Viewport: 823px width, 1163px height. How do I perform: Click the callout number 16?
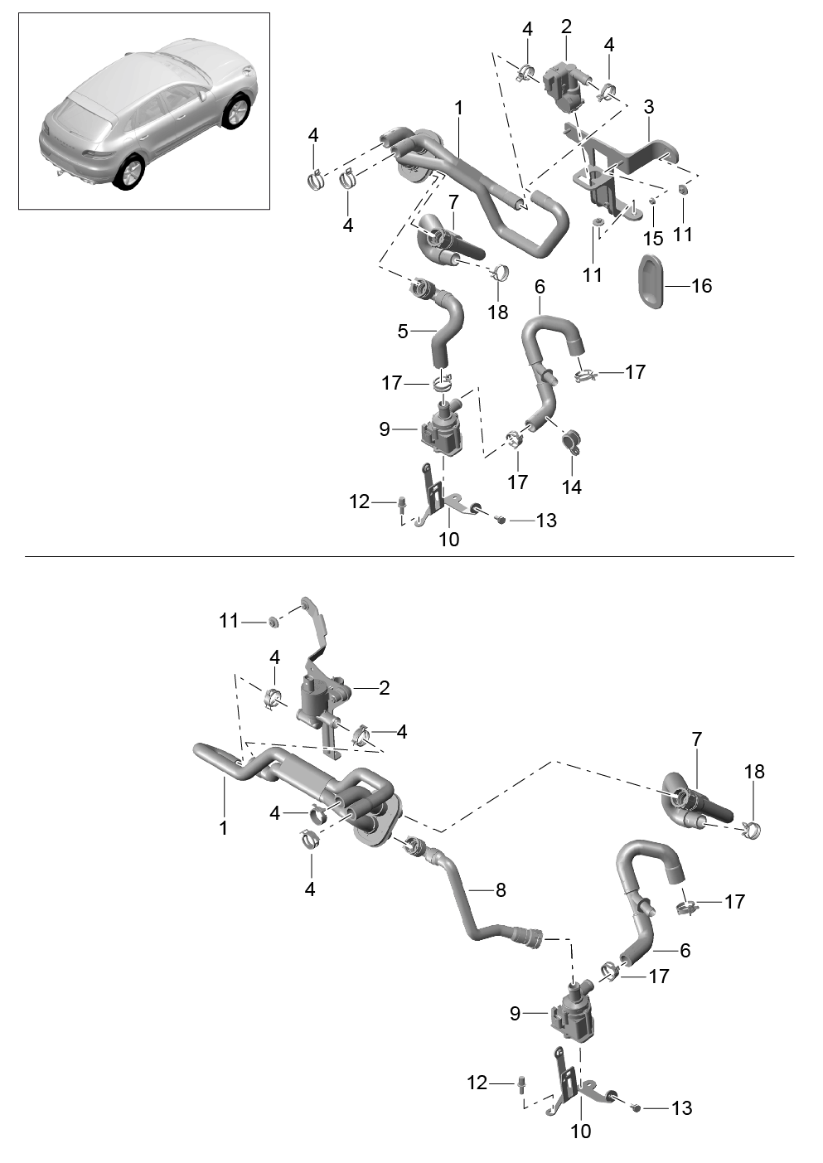click(x=702, y=285)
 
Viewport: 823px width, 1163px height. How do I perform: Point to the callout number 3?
click(x=648, y=108)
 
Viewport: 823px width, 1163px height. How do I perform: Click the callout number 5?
click(x=403, y=332)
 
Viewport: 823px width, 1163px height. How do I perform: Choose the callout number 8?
click(x=501, y=890)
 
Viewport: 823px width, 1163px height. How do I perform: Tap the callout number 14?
click(x=572, y=487)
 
